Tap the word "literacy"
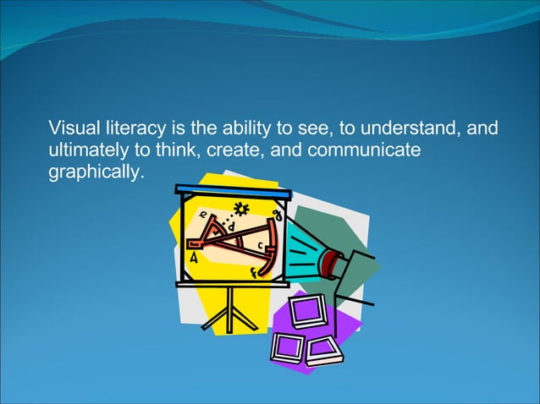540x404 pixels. (131, 129)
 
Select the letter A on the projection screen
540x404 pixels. (194, 259)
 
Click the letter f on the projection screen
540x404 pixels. (254, 272)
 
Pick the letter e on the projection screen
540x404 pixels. (204, 216)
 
